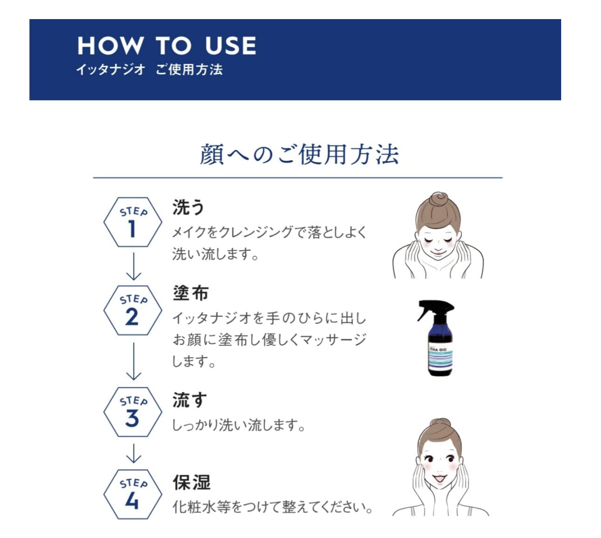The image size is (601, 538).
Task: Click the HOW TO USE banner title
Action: tap(167, 46)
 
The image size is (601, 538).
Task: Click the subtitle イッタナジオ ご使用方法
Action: tap(149, 70)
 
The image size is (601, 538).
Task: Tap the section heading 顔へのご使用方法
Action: tap(299, 154)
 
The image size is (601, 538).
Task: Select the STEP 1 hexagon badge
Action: tap(133, 222)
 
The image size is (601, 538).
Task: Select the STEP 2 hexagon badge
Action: tap(133, 310)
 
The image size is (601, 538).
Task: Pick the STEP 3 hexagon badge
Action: tap(133, 412)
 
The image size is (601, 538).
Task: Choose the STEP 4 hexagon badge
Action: tap(133, 494)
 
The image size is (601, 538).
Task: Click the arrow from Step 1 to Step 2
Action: tap(134, 266)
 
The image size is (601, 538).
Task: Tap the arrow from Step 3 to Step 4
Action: tap(134, 453)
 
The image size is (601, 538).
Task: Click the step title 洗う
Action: tap(188, 207)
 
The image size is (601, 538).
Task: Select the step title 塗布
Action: tap(190, 293)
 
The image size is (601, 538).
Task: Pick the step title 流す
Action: tap(189, 400)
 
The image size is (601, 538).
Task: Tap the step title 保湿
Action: tap(191, 482)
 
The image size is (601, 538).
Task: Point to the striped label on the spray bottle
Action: tap(440, 356)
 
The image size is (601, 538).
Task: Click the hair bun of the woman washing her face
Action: tap(438, 199)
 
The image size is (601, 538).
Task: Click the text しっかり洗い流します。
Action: tap(238, 425)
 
